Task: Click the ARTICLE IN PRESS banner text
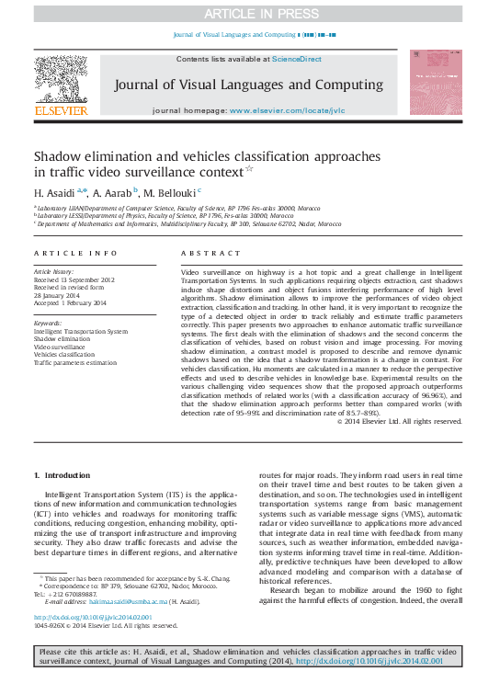click(249, 12)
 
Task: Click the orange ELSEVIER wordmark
click(61, 110)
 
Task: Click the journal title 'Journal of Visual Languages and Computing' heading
click(248, 85)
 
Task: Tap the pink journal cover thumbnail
click(437, 84)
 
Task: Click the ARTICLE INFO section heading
click(75, 252)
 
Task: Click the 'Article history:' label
click(55, 273)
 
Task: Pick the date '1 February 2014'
click(70, 302)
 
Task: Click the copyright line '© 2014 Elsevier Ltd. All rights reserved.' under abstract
click(399, 421)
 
